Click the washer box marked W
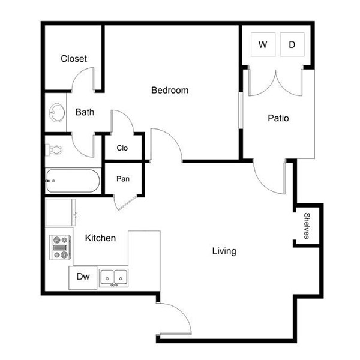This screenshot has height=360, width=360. pos(263,44)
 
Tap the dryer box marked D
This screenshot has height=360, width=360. pos(292,44)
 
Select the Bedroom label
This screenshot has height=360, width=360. pos(170,90)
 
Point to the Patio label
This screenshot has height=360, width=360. pos(278,118)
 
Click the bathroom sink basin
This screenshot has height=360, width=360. pos(57,113)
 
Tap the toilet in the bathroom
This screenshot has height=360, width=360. pos(54,150)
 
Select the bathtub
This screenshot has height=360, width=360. pos(73,181)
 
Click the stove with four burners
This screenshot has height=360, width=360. pos(60,247)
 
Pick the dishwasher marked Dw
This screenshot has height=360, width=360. pos(83,278)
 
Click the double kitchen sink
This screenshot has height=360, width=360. pos(114,278)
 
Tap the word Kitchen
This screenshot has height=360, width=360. pos(100,238)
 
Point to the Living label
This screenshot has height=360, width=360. pos(224,251)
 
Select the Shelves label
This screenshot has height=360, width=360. pos(307,226)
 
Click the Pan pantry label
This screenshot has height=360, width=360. pos(123,179)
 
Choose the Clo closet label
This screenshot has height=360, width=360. pos(122,148)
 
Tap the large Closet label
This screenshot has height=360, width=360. pos(74,59)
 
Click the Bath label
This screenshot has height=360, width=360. pos(85,112)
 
